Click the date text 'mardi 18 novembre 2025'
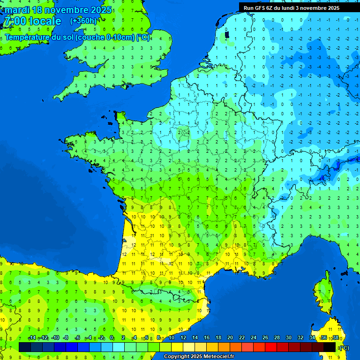[x=58, y=10]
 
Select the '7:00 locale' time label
[x=32, y=21]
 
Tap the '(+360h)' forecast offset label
[x=83, y=21]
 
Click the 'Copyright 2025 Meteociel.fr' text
[x=199, y=357]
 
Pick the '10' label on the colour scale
[x=172, y=338]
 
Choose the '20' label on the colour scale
[x=230, y=338]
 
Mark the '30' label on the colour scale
[x=289, y=338]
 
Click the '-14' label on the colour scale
[x=31, y=338]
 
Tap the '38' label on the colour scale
[x=336, y=338]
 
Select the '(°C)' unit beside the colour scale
[x=344, y=348]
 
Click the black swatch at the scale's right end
[x=330, y=347]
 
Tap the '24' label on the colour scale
[x=254, y=338]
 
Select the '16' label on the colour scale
[x=207, y=338]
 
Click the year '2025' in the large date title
[x=99, y=10]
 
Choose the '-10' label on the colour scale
[x=55, y=338]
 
